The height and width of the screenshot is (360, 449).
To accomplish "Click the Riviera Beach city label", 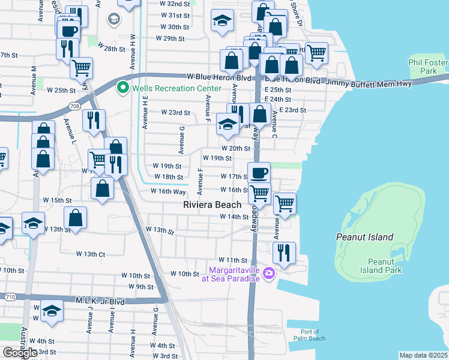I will click(x=212, y=205).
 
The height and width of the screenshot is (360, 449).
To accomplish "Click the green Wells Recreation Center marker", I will click(x=124, y=88).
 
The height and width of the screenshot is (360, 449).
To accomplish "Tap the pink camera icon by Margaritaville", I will click(x=268, y=274).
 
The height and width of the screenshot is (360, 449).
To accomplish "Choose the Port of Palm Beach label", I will click(x=310, y=335).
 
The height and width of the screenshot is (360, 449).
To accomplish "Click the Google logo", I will click(x=20, y=353).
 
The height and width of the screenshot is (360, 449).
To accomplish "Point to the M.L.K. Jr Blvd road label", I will click(x=100, y=301).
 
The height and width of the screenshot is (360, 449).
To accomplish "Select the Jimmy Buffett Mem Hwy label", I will click(x=369, y=83).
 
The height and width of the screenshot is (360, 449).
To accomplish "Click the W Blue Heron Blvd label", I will click(x=218, y=77).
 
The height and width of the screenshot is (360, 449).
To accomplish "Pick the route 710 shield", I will click(x=7, y=296).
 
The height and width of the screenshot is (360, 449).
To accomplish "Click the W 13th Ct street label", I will click(x=91, y=254).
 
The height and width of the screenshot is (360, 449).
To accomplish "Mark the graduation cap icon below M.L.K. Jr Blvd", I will click(x=52, y=311).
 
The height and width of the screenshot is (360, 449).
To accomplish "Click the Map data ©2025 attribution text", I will click(x=423, y=355).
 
